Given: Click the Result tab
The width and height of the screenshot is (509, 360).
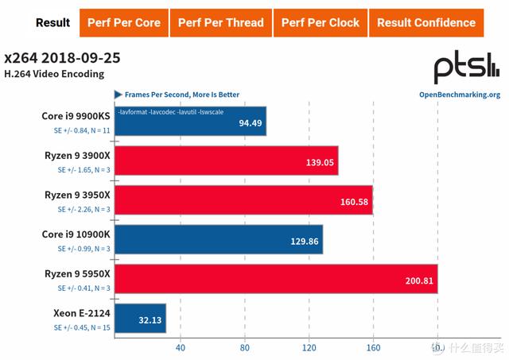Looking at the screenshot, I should [53, 22].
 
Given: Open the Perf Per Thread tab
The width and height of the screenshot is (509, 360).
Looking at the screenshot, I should [220, 22].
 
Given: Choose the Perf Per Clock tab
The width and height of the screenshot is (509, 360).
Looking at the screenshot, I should [320, 22].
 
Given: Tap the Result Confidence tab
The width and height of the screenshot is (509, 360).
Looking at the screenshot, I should [426, 22].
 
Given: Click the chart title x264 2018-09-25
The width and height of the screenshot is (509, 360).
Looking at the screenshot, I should [62, 59].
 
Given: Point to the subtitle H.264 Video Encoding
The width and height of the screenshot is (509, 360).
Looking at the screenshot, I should [54, 75].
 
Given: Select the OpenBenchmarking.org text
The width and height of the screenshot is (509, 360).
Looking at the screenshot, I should [459, 95].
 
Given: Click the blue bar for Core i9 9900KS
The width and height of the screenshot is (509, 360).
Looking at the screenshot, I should [190, 121].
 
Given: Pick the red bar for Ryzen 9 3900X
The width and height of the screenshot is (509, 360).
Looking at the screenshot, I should [226, 161].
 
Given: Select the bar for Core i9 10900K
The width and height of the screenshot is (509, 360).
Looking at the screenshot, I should [219, 239].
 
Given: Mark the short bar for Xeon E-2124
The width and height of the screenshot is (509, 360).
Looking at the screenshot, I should [141, 319].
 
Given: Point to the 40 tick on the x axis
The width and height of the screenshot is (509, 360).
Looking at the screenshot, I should [180, 347].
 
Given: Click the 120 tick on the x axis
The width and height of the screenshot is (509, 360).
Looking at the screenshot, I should [309, 347].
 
